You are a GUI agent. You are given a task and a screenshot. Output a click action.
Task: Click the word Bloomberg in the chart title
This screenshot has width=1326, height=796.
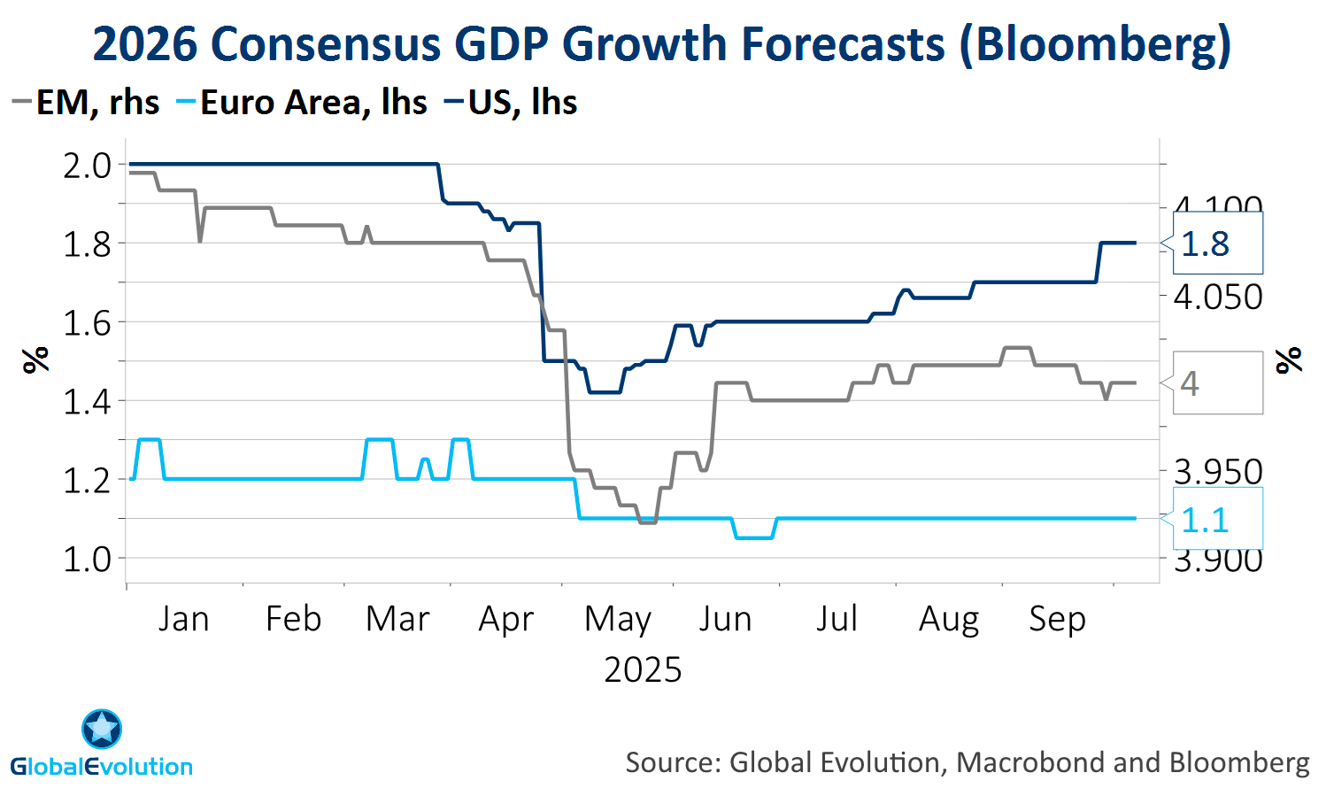[x=1095, y=44]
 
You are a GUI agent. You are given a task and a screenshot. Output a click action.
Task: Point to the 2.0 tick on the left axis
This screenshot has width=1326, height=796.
[x=87, y=166]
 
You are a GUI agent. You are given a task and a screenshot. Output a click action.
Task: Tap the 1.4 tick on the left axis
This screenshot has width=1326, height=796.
[x=87, y=402]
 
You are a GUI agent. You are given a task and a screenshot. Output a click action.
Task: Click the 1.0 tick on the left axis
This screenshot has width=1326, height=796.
[x=87, y=560]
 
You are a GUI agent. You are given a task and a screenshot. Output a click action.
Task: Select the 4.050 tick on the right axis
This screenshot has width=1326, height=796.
[x=1218, y=298]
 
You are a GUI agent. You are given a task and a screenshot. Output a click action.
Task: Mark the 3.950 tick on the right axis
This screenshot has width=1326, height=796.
[x=1218, y=472]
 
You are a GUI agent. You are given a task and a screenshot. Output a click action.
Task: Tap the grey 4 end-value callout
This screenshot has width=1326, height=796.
[x=1216, y=383]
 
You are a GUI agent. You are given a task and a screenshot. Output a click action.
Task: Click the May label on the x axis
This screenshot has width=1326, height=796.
[x=618, y=619]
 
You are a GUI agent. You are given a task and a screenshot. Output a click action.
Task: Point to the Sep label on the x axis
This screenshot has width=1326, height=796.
[x=1057, y=619]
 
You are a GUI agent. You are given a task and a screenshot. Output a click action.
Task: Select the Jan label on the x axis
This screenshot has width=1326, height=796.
[x=184, y=619]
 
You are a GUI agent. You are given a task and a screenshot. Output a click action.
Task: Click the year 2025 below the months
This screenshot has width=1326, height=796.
[x=643, y=670]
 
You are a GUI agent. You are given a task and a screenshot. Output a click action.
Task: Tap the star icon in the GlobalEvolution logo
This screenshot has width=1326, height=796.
[x=102, y=729]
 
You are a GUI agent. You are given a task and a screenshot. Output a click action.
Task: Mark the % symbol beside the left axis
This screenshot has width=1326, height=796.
[x=35, y=360]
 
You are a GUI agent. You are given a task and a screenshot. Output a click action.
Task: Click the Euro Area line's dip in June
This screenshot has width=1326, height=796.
[x=754, y=537]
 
